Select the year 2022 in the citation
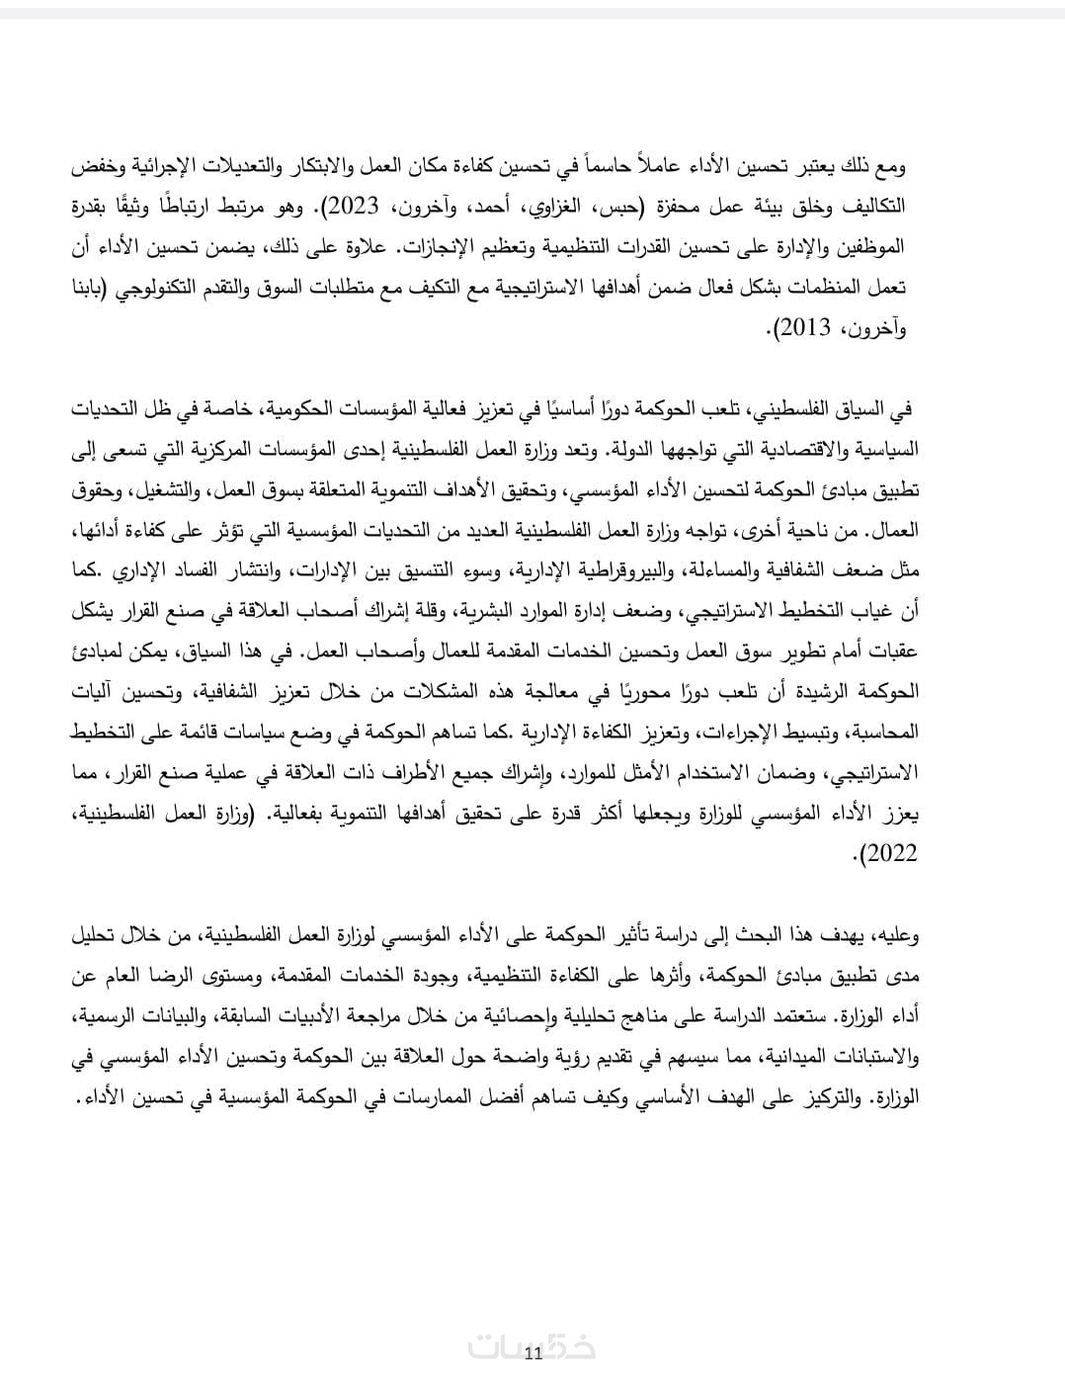tap(889, 853)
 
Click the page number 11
tap(532, 1353)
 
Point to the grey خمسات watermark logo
tap(532, 1346)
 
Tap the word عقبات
tap(893, 651)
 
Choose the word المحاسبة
tap(882, 733)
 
